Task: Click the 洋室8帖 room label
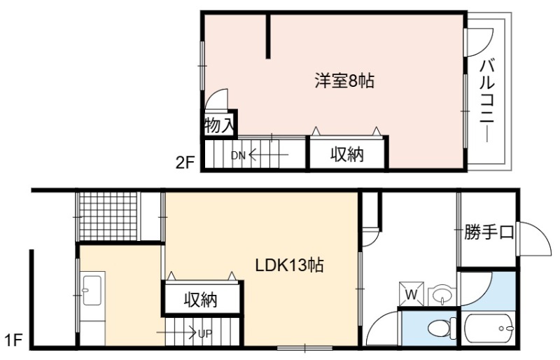pyautogui.click(x=344, y=81)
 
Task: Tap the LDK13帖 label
pyautogui.click(x=289, y=265)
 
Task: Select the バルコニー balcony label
pyautogui.click(x=486, y=101)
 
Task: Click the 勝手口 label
pyautogui.click(x=489, y=233)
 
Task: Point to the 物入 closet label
pyautogui.click(x=219, y=125)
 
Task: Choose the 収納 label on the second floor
pyautogui.click(x=346, y=155)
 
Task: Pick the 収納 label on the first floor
pyautogui.click(x=200, y=300)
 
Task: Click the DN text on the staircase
pyautogui.click(x=238, y=155)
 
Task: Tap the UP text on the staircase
pyautogui.click(x=205, y=334)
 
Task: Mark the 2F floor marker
pyautogui.click(x=185, y=163)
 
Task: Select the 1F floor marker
pyautogui.click(x=13, y=340)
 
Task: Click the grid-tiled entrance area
pyautogui.click(x=108, y=216)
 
